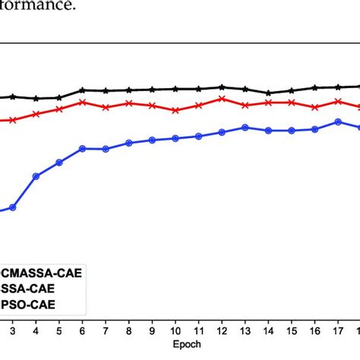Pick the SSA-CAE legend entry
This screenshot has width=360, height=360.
point(30,289)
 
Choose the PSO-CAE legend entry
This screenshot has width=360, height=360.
point(30,306)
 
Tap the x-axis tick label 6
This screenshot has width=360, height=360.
point(82,330)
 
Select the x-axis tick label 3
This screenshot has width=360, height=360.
point(12,330)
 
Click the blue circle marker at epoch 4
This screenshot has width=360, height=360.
point(36,176)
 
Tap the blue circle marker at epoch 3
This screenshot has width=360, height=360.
point(12,207)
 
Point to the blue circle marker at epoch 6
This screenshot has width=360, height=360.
point(82,148)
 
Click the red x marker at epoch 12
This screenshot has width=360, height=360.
point(222,98)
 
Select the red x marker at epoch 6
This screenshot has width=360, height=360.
point(82,102)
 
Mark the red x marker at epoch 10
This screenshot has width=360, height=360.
point(175,110)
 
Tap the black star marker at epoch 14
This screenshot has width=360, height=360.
point(268,93)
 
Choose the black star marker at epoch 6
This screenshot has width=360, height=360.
point(82,90)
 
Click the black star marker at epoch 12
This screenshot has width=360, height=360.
point(222,87)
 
